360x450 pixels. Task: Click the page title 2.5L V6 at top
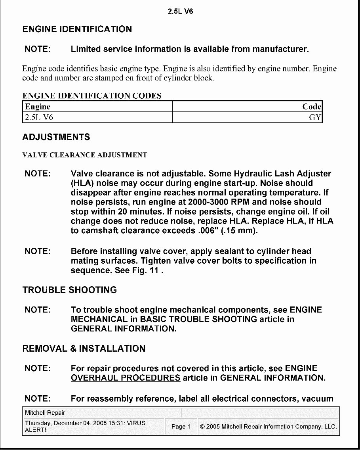coord(180,11)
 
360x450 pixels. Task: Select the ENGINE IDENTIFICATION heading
coord(77,29)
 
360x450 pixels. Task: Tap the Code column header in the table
coord(312,107)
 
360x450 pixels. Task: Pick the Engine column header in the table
coord(38,107)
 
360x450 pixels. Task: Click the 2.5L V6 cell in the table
coord(39,118)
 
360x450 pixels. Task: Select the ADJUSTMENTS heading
coord(56,137)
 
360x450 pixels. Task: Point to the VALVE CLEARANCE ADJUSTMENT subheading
coord(85,155)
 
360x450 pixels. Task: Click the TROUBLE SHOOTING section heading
coord(70,290)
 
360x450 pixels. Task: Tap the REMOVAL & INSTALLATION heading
coord(84,349)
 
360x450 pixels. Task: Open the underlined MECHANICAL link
coord(99,320)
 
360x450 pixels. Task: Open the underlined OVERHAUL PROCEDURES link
coord(126,378)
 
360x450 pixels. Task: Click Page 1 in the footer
coord(181,427)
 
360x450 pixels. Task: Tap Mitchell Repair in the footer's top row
coord(45,413)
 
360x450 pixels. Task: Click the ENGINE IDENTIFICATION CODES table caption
coord(92,96)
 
